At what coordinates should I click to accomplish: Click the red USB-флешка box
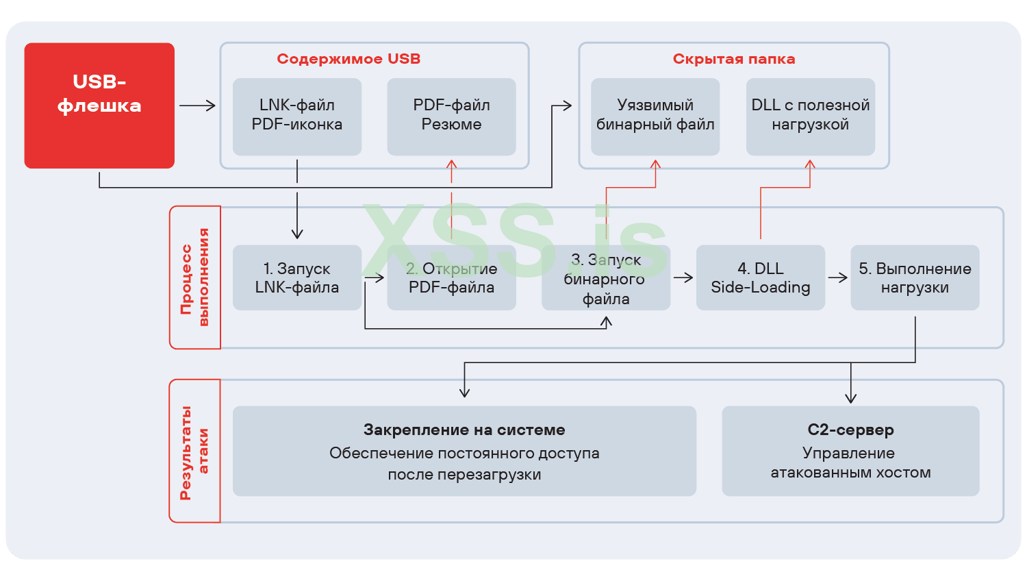[99, 105]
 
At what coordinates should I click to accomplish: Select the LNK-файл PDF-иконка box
[296, 116]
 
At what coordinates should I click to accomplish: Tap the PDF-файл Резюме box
[451, 116]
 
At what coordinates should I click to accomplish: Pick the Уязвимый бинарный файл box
[655, 116]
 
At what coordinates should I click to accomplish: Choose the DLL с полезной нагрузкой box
[810, 116]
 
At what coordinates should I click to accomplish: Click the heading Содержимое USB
[348, 59]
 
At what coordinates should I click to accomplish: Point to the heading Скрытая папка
[733, 59]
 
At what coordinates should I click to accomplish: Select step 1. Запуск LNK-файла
[296, 277]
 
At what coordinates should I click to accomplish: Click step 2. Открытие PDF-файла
[451, 277]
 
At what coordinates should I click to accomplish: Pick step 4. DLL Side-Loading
[760, 277]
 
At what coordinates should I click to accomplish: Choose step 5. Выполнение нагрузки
[915, 277]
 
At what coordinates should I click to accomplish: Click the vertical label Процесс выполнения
[194, 277]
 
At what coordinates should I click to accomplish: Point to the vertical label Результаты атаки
[194, 452]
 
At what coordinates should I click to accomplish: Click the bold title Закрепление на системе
[464, 430]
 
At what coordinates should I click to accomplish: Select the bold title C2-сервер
[850, 430]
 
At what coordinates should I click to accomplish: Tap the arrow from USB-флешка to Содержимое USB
[197, 106]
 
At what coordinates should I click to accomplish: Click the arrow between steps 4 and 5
[838, 277]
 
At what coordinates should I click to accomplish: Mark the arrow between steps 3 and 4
[683, 277]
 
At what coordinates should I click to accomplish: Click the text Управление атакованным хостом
[850, 462]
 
